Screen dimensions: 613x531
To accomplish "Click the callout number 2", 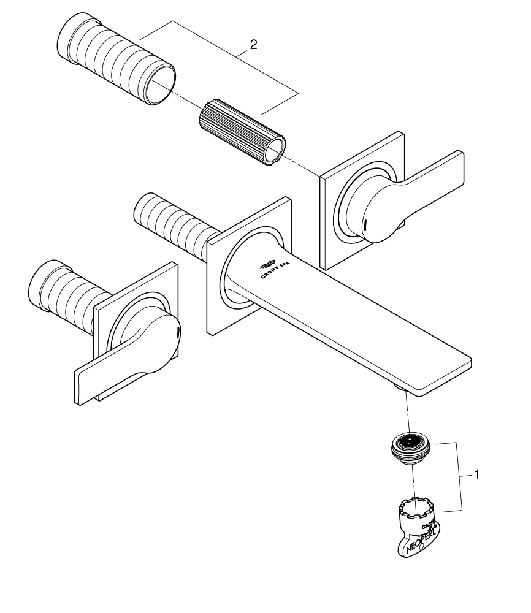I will click(253, 45).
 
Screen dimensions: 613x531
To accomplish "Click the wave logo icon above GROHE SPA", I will click(268, 264).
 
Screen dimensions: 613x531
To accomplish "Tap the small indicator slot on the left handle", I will click(178, 332).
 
